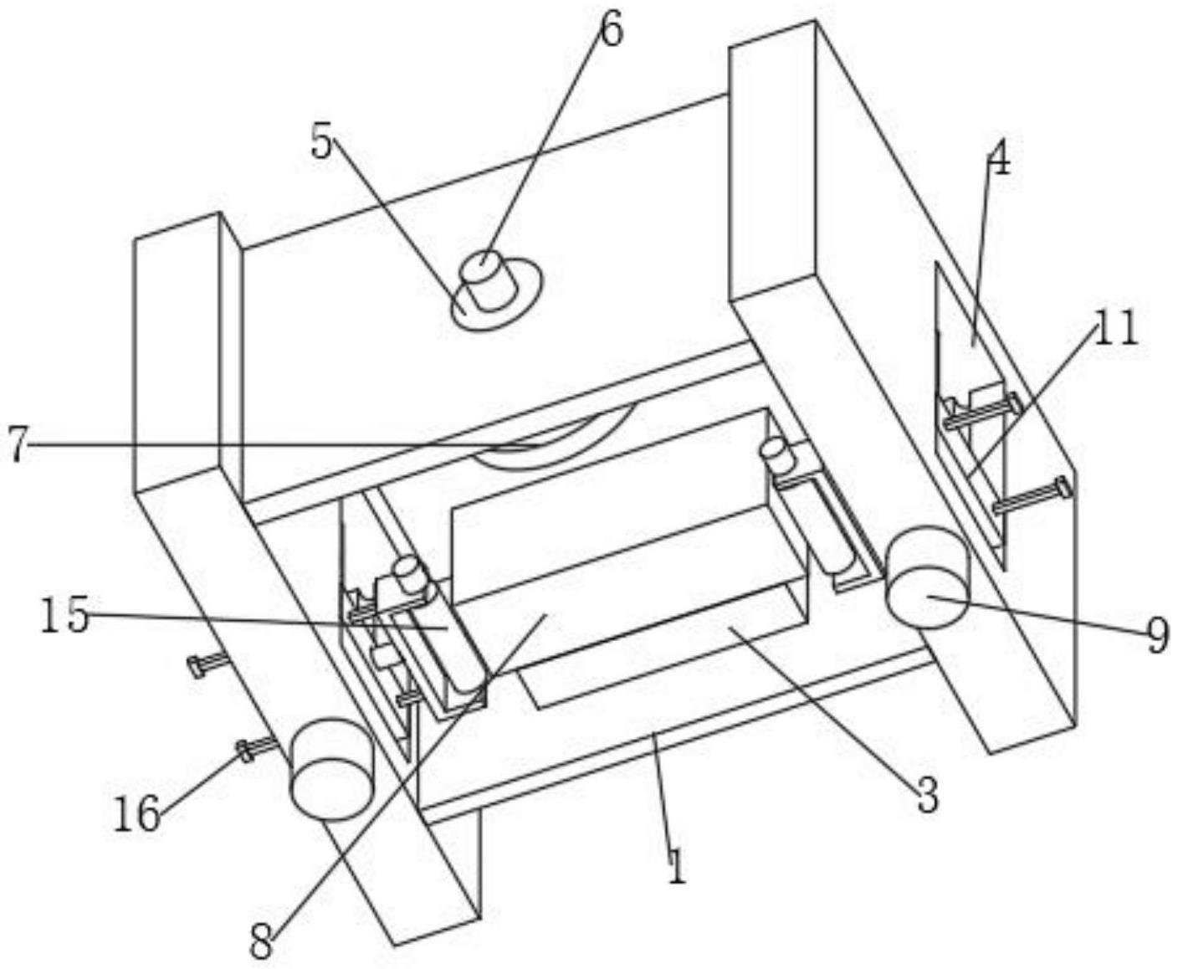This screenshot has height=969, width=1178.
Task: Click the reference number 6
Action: [x=611, y=32]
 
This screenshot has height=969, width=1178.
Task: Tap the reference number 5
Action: [x=321, y=143]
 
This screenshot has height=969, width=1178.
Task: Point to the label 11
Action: [x=1117, y=329]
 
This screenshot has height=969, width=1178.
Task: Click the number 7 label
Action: [x=18, y=443]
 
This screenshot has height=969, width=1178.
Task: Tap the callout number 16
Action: [x=137, y=813]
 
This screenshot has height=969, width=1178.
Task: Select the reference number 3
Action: [x=927, y=795]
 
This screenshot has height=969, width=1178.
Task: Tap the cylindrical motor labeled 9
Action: [x=925, y=578]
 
